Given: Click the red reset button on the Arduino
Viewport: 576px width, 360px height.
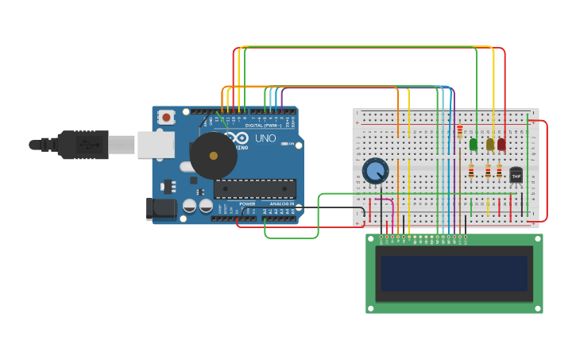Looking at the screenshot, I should [x=166, y=118].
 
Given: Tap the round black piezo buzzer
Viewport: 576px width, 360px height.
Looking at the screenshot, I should [x=213, y=156].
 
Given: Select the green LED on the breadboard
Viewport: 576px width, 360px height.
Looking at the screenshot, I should [x=474, y=144].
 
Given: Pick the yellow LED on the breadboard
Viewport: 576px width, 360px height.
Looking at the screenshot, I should [x=490, y=144].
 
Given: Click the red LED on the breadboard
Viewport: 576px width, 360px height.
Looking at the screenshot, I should [x=501, y=144].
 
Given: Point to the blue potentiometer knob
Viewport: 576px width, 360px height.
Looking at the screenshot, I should [x=375, y=170].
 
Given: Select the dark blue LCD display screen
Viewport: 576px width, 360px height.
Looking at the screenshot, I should [x=454, y=273].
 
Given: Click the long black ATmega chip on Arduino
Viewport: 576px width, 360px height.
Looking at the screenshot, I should [x=254, y=188].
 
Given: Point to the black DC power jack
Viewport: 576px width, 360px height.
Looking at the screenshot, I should [x=164, y=209].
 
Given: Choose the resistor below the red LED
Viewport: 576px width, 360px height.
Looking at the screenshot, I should [x=499, y=171].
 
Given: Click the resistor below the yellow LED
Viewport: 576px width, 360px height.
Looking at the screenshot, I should [x=488, y=171].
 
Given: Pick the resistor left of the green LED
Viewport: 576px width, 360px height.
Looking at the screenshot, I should [x=459, y=131].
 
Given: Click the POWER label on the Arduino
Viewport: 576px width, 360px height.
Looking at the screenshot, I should [x=248, y=204].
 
